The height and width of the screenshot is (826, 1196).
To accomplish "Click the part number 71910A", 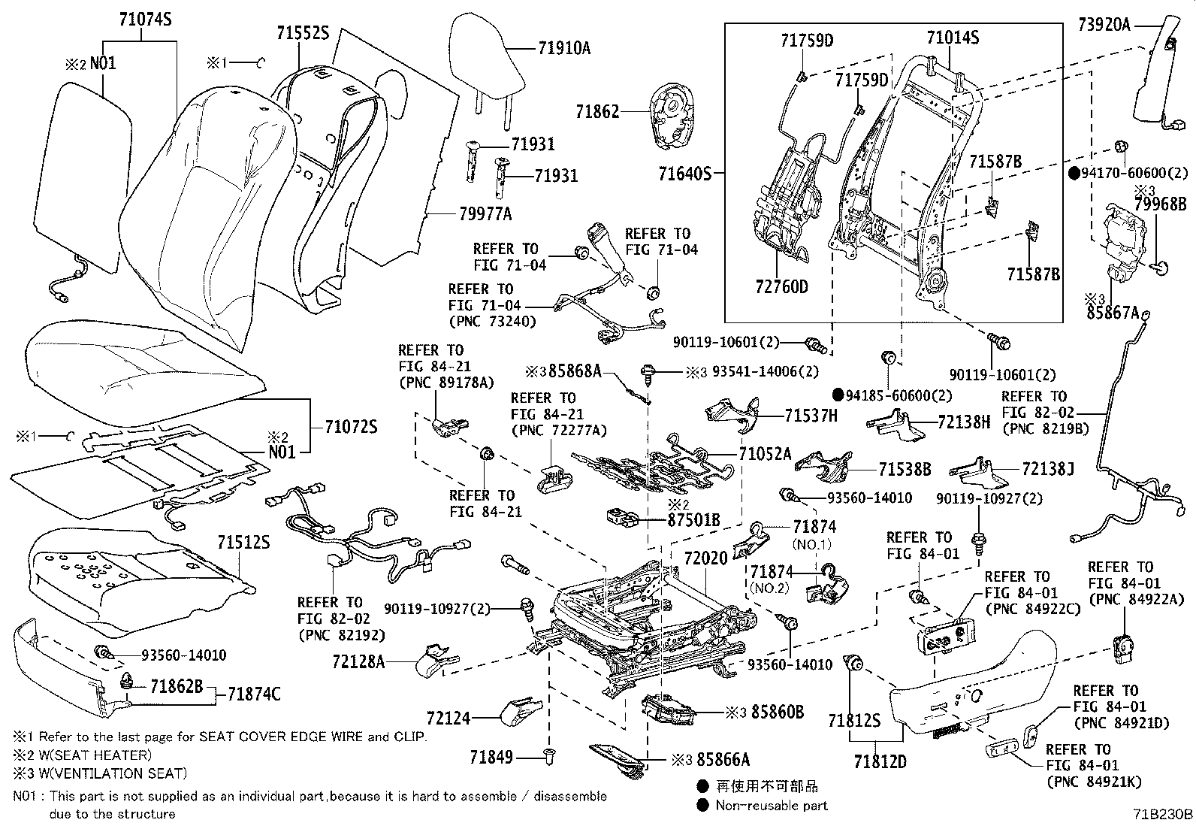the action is tap(564, 48).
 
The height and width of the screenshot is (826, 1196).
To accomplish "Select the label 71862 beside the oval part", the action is tap(597, 112).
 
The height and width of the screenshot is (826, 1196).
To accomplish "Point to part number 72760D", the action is tap(781, 287).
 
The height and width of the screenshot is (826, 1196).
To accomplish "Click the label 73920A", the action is tap(1104, 25).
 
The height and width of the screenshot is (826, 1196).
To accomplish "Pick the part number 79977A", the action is tap(485, 214).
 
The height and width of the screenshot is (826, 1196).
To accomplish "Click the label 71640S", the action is tap(685, 174).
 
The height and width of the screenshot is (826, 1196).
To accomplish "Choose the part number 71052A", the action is tap(765, 454).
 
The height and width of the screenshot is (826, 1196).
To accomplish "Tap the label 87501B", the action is tap(693, 520).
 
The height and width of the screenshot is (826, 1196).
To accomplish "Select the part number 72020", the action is tap(706, 559).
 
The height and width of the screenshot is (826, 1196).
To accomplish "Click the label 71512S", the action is tap(243, 543).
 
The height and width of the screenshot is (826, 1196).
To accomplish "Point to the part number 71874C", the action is tap(254, 694).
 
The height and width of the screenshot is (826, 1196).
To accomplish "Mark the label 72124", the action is tap(448, 719).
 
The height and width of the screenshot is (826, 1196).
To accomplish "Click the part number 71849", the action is tap(491, 757).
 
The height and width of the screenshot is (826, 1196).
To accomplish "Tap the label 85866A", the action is tap(723, 759).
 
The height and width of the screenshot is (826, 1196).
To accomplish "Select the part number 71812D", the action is tap(880, 761).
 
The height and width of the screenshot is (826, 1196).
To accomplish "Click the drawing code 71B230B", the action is tap(1163, 814).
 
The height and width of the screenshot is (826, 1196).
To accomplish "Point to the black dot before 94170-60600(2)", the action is tap(1074, 173).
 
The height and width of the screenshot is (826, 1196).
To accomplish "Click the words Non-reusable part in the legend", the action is tap(772, 806).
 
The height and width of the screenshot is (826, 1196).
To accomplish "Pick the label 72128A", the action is tap(358, 662).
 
